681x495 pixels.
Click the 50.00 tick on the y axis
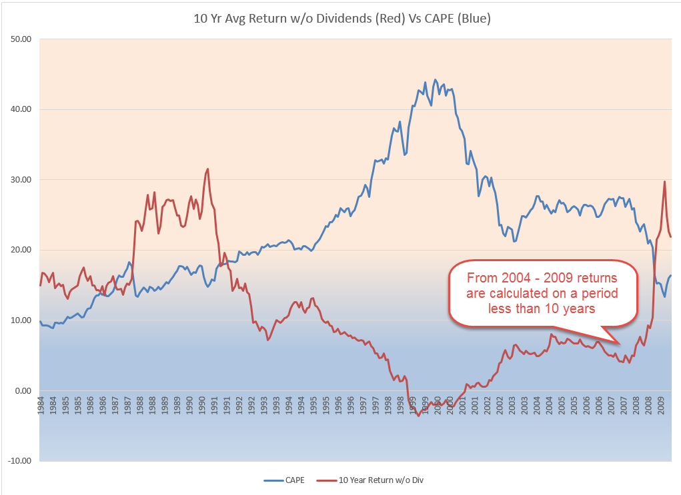tap(22, 39)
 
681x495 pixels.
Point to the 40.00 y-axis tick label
tap(22, 109)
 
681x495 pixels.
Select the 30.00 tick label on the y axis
tap(22, 180)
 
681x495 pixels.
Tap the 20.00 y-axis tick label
tap(22, 250)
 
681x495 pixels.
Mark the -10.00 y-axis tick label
tap(21, 461)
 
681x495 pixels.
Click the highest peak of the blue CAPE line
tap(436, 80)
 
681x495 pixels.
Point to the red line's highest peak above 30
tap(208, 169)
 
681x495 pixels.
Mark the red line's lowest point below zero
tap(419, 415)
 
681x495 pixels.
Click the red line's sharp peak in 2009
tap(664, 181)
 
